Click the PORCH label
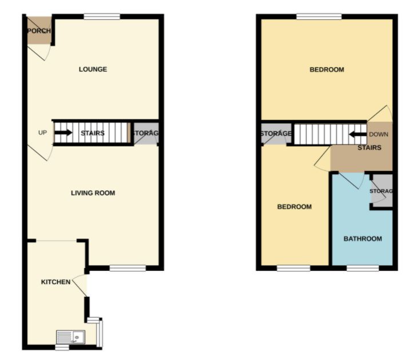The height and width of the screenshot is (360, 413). (39, 31)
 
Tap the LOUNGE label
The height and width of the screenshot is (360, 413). (93, 70)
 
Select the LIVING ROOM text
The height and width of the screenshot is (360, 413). (93, 193)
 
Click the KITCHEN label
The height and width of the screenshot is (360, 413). (55, 282)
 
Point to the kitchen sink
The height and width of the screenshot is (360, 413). (70, 337)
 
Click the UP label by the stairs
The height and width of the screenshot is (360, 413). (42, 133)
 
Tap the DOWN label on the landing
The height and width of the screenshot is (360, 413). (379, 135)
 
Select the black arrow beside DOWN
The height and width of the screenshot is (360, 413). (358, 135)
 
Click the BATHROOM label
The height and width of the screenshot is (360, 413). (363, 239)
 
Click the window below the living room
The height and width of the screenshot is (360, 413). (128, 267)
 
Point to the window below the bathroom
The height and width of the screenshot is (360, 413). (363, 267)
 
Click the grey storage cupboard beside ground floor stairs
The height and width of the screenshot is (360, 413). (145, 133)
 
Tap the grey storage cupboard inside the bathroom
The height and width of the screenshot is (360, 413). (380, 191)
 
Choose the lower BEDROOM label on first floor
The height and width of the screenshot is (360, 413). (295, 207)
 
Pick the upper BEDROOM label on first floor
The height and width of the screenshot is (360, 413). (327, 70)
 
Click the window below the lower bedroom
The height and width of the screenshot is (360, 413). (294, 267)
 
